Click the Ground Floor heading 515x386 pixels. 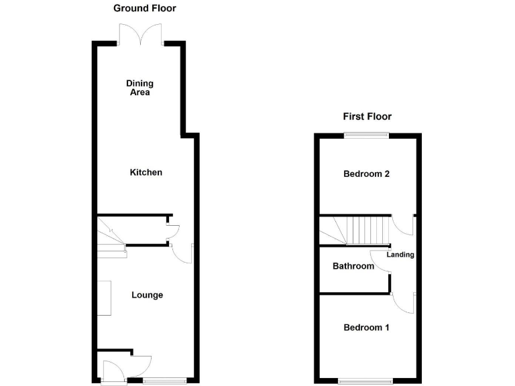[145, 9]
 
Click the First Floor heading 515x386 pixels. [367, 117]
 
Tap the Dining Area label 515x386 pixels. [140, 88]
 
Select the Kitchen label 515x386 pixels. [146, 172]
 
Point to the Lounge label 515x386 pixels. [147, 295]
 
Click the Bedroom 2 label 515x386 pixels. [367, 174]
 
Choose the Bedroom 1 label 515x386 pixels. [367, 328]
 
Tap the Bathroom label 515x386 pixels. [353, 266]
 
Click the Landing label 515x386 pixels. [401, 255]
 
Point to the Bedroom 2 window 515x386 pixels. [367, 135]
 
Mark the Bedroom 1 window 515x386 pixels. [366, 381]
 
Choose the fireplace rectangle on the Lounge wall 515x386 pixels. [104, 298]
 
